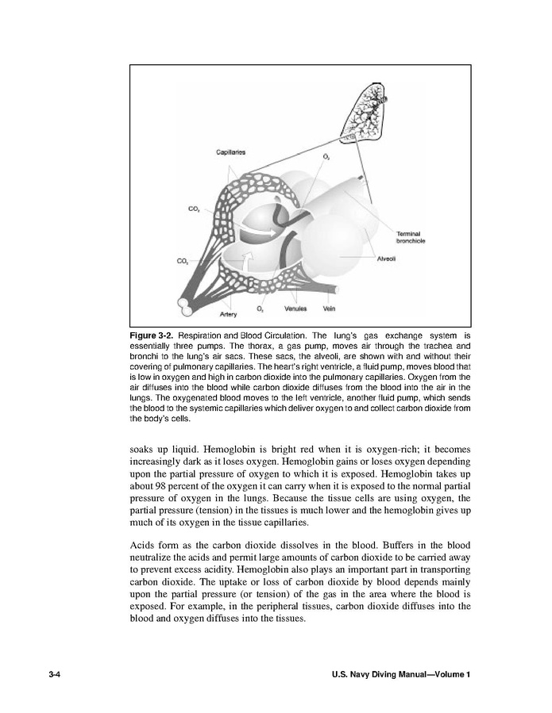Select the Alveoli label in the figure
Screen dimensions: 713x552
pyautogui.click(x=387, y=259)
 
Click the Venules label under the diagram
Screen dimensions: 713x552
pyautogui.click(x=295, y=308)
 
